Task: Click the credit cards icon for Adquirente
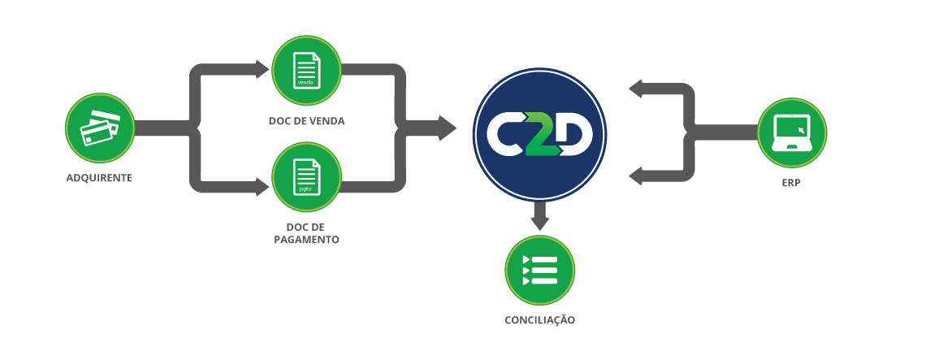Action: click(100, 128)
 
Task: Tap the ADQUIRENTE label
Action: click(99, 177)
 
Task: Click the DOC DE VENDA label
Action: click(306, 121)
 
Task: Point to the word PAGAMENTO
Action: click(306, 241)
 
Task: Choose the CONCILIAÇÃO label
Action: click(539, 320)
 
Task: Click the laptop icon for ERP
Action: click(791, 132)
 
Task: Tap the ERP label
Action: click(791, 183)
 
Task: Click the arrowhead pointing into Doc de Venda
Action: click(261, 69)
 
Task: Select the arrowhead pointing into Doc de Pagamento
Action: click(261, 186)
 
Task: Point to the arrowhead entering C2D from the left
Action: click(447, 128)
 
